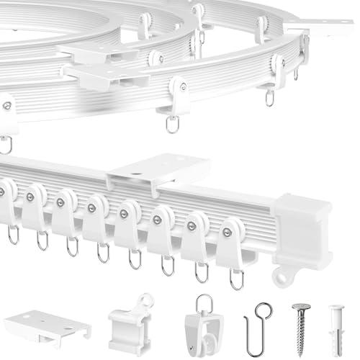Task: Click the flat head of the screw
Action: pos(300,302)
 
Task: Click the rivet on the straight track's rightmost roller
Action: pos(228,232)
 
